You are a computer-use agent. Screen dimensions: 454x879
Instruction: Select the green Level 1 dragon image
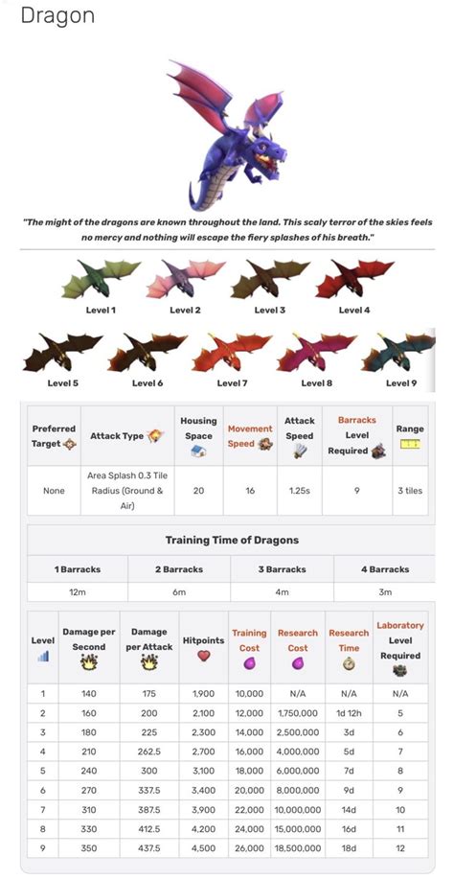100,279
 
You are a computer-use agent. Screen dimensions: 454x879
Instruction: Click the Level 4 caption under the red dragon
353,310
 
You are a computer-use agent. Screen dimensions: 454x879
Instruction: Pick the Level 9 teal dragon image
397,353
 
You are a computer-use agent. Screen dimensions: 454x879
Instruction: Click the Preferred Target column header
54,436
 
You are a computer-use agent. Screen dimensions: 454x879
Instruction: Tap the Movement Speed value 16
250,490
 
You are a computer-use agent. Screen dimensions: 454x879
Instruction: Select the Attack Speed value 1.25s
299,490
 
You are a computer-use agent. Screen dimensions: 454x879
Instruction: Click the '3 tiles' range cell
410,490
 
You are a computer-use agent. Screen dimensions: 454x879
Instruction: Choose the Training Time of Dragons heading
232,540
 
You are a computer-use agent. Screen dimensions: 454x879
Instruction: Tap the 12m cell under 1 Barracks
78,592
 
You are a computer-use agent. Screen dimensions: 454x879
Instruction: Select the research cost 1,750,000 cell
298,713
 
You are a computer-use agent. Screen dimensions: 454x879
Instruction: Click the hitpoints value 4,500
202,847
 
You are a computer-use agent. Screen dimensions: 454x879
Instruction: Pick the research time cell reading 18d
349,847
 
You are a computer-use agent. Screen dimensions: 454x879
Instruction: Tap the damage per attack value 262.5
148,752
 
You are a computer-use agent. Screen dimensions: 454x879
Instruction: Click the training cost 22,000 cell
249,809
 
